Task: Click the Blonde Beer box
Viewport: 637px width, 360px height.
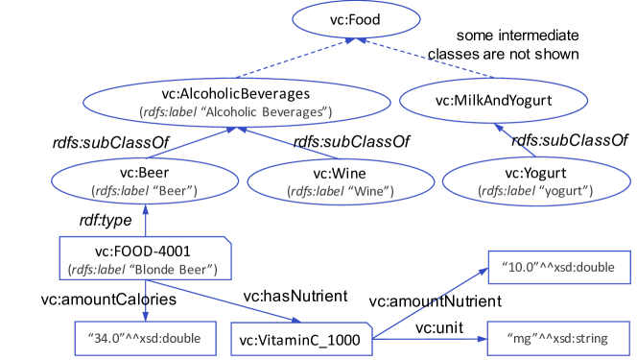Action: [144, 258]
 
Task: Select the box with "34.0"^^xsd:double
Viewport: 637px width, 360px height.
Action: [145, 338]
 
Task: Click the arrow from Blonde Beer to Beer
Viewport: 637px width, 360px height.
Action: [145, 222]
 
